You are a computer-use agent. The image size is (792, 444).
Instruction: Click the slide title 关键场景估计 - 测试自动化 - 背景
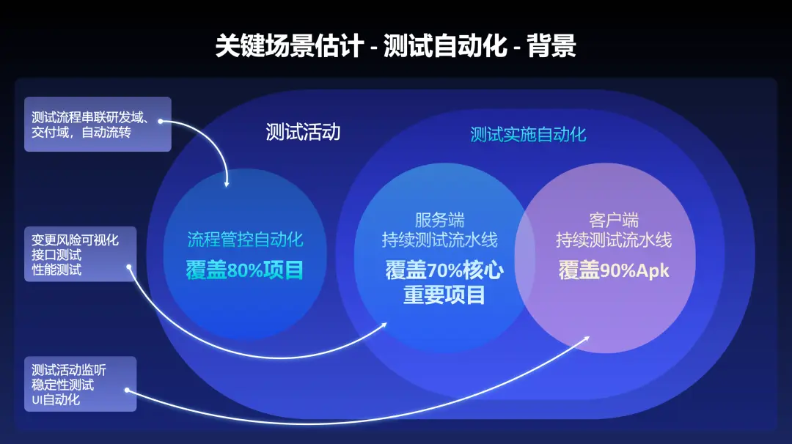tap(395, 46)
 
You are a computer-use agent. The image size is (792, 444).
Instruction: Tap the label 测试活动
tap(303, 132)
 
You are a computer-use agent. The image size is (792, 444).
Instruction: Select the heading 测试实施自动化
tap(528, 134)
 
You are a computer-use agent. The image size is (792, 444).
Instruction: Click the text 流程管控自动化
tap(245, 240)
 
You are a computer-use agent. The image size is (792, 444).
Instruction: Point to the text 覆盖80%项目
tap(245, 270)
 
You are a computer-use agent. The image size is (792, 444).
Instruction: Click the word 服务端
tap(439, 220)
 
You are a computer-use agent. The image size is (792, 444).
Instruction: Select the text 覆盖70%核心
tap(444, 270)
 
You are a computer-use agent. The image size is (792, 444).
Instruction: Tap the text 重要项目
tap(444, 295)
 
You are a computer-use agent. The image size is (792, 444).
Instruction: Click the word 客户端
tap(614, 220)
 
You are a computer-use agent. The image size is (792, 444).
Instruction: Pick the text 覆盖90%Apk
tap(614, 270)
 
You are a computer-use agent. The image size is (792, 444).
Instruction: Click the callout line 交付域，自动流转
tap(81, 133)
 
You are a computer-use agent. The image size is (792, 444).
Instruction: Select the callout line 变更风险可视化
tap(75, 240)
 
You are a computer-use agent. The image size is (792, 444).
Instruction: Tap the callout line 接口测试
tap(56, 255)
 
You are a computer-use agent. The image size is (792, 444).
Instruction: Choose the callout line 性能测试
tap(56, 270)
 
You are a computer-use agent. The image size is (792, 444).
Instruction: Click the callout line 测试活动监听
tap(69, 369)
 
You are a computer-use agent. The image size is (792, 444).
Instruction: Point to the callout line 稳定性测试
tap(63, 385)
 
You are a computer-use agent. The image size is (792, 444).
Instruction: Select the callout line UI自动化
tap(56, 400)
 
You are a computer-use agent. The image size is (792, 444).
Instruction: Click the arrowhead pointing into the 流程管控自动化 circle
tap(227, 183)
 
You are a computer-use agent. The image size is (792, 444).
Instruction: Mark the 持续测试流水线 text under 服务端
tap(439, 240)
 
